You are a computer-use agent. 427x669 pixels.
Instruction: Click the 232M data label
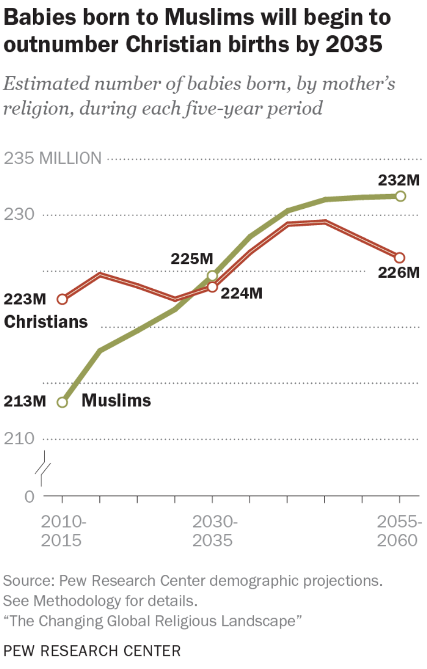pos(399,180)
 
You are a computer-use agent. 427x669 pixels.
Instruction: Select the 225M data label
pos(191,259)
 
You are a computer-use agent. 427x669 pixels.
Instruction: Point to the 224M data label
pos(241,293)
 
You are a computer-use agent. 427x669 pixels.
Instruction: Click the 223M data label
pos(25,299)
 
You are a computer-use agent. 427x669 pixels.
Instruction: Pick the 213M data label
pos(25,401)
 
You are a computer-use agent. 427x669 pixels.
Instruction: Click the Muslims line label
pos(116,400)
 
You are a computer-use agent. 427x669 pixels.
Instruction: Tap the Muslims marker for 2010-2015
pos(63,402)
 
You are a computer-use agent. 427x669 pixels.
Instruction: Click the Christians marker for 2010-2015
pos(63,299)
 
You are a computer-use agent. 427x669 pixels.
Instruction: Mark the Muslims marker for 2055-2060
pos(400,196)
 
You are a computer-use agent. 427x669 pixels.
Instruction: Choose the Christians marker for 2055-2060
pos(400,257)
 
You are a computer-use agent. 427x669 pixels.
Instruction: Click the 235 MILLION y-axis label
pos(53,158)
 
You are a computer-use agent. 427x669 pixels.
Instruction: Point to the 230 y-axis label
pos(19,215)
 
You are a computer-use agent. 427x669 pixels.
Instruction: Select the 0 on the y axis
pos(29,496)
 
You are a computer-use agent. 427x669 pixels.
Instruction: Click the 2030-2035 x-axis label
pos(212,531)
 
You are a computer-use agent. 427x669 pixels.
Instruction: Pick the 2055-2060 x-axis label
pos(400,531)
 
